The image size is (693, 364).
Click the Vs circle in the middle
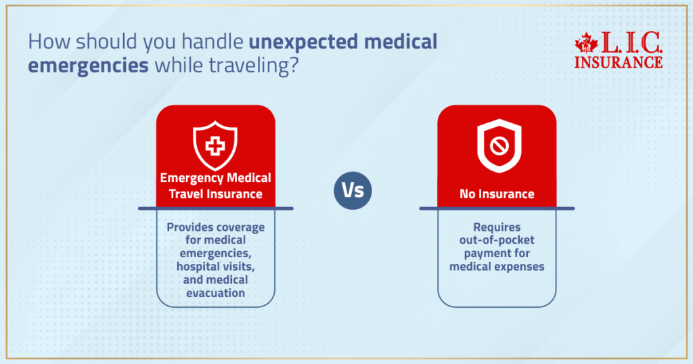coord(353,190)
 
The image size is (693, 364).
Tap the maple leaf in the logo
coord(587,43)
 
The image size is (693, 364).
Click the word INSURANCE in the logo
coord(619,62)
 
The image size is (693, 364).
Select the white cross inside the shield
coord(215,145)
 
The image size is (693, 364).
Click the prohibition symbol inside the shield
coord(499,145)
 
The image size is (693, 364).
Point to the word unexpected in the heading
coord(304,41)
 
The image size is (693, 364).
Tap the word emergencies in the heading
coord(89,66)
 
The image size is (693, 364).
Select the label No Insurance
coord(497,194)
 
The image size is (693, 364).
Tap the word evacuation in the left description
coord(215,293)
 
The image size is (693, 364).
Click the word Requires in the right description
coord(497,227)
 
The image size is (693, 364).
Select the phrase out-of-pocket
coord(497,240)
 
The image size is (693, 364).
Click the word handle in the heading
coord(212,41)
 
